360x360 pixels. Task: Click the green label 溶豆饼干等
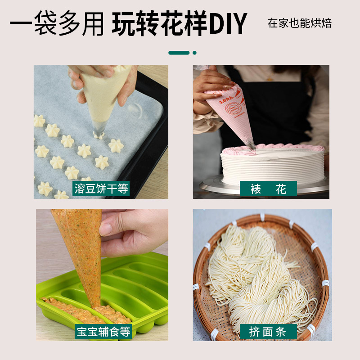pos(101,188)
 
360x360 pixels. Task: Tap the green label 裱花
pos(268,189)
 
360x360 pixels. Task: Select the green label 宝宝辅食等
pos(103,332)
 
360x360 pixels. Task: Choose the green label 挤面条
pos(268,332)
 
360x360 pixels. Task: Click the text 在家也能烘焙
pos(300,23)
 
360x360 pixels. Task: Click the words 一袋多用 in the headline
pos(56,23)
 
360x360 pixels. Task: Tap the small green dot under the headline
pos(194,53)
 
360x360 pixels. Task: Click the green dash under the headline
pos(179,53)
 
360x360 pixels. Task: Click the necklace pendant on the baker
pos(270,79)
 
